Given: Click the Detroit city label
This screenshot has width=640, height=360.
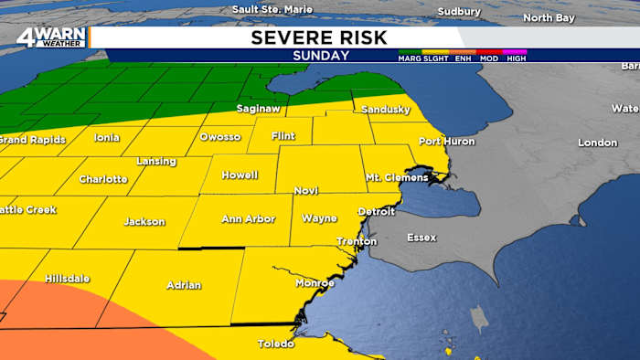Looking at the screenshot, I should point(376,211).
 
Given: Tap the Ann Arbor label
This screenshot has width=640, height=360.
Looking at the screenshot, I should point(248,219).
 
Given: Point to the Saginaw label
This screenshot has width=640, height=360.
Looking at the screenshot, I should point(259,109).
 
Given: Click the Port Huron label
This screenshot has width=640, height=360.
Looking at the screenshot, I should point(444,141).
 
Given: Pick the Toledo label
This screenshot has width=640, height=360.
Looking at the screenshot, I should point(275,344).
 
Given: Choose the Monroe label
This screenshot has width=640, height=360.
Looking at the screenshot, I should point(315,283).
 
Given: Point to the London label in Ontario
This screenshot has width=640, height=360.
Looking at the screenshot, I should point(598,143).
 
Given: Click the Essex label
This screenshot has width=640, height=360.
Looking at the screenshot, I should point(421,238).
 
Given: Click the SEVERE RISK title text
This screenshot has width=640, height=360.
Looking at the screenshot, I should point(319,37).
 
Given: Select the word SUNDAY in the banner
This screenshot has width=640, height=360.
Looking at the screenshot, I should point(320,55).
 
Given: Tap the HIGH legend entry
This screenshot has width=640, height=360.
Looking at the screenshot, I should point(515,58).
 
